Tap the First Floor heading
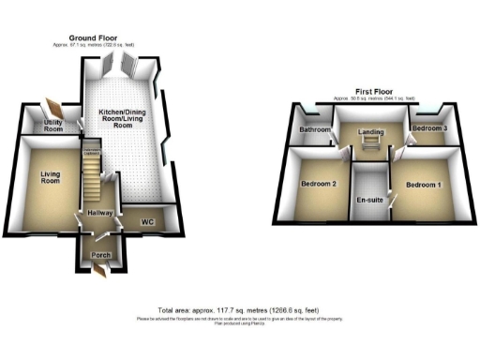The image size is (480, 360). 373,92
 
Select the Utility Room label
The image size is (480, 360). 53,125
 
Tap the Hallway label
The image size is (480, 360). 100,215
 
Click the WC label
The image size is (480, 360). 147,222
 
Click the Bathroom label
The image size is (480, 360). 314,129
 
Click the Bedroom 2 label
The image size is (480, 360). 319,183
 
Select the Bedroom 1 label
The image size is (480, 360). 424,185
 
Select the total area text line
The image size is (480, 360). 239,310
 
